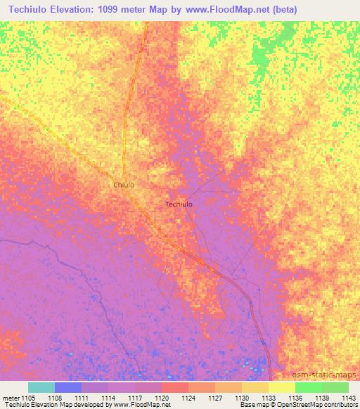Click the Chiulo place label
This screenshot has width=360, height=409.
[x=124, y=185]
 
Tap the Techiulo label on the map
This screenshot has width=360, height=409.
[x=179, y=204]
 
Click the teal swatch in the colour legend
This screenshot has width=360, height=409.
[x=41, y=387]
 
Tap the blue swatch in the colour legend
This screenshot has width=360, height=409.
[x=67, y=387]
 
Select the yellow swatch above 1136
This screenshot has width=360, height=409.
[x=281, y=387]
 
